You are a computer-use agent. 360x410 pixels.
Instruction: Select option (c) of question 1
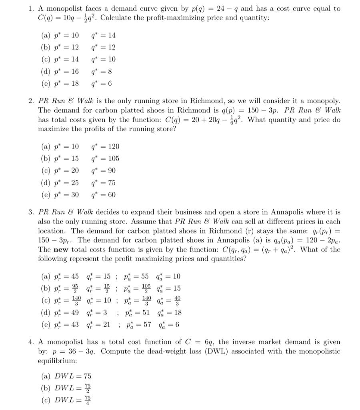click(46, 60)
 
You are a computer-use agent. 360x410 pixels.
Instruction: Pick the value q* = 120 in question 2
click(105, 147)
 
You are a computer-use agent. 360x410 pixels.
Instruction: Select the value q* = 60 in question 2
click(103, 195)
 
